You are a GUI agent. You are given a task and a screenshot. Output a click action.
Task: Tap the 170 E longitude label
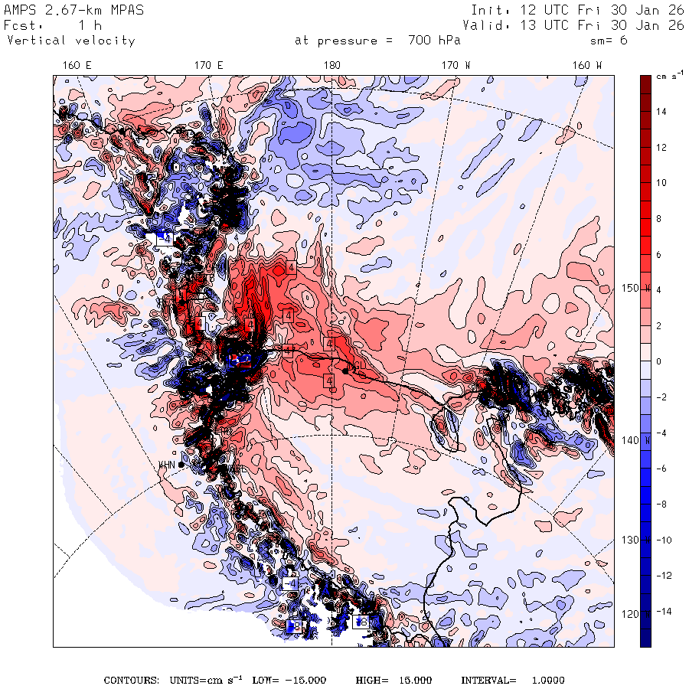[x=209, y=66]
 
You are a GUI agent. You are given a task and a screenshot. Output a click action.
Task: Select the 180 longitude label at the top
[x=331, y=66]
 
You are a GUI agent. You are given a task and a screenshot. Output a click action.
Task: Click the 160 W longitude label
[x=587, y=66]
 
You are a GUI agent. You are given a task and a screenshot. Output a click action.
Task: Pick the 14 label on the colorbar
[x=661, y=112]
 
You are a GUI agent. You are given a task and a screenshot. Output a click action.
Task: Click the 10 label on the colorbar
[x=661, y=183]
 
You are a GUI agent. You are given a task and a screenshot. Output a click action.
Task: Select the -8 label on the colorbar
[x=661, y=504]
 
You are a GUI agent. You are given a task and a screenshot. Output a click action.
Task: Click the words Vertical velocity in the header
[x=71, y=41]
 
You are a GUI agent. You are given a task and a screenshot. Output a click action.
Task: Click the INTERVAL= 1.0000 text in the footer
[x=512, y=680]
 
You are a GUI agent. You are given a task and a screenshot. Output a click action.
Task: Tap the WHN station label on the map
[x=166, y=465]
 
